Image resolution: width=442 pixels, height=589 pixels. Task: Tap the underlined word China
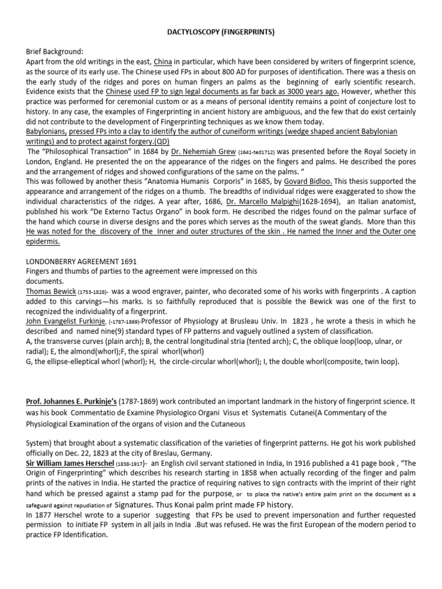pos(162,61)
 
